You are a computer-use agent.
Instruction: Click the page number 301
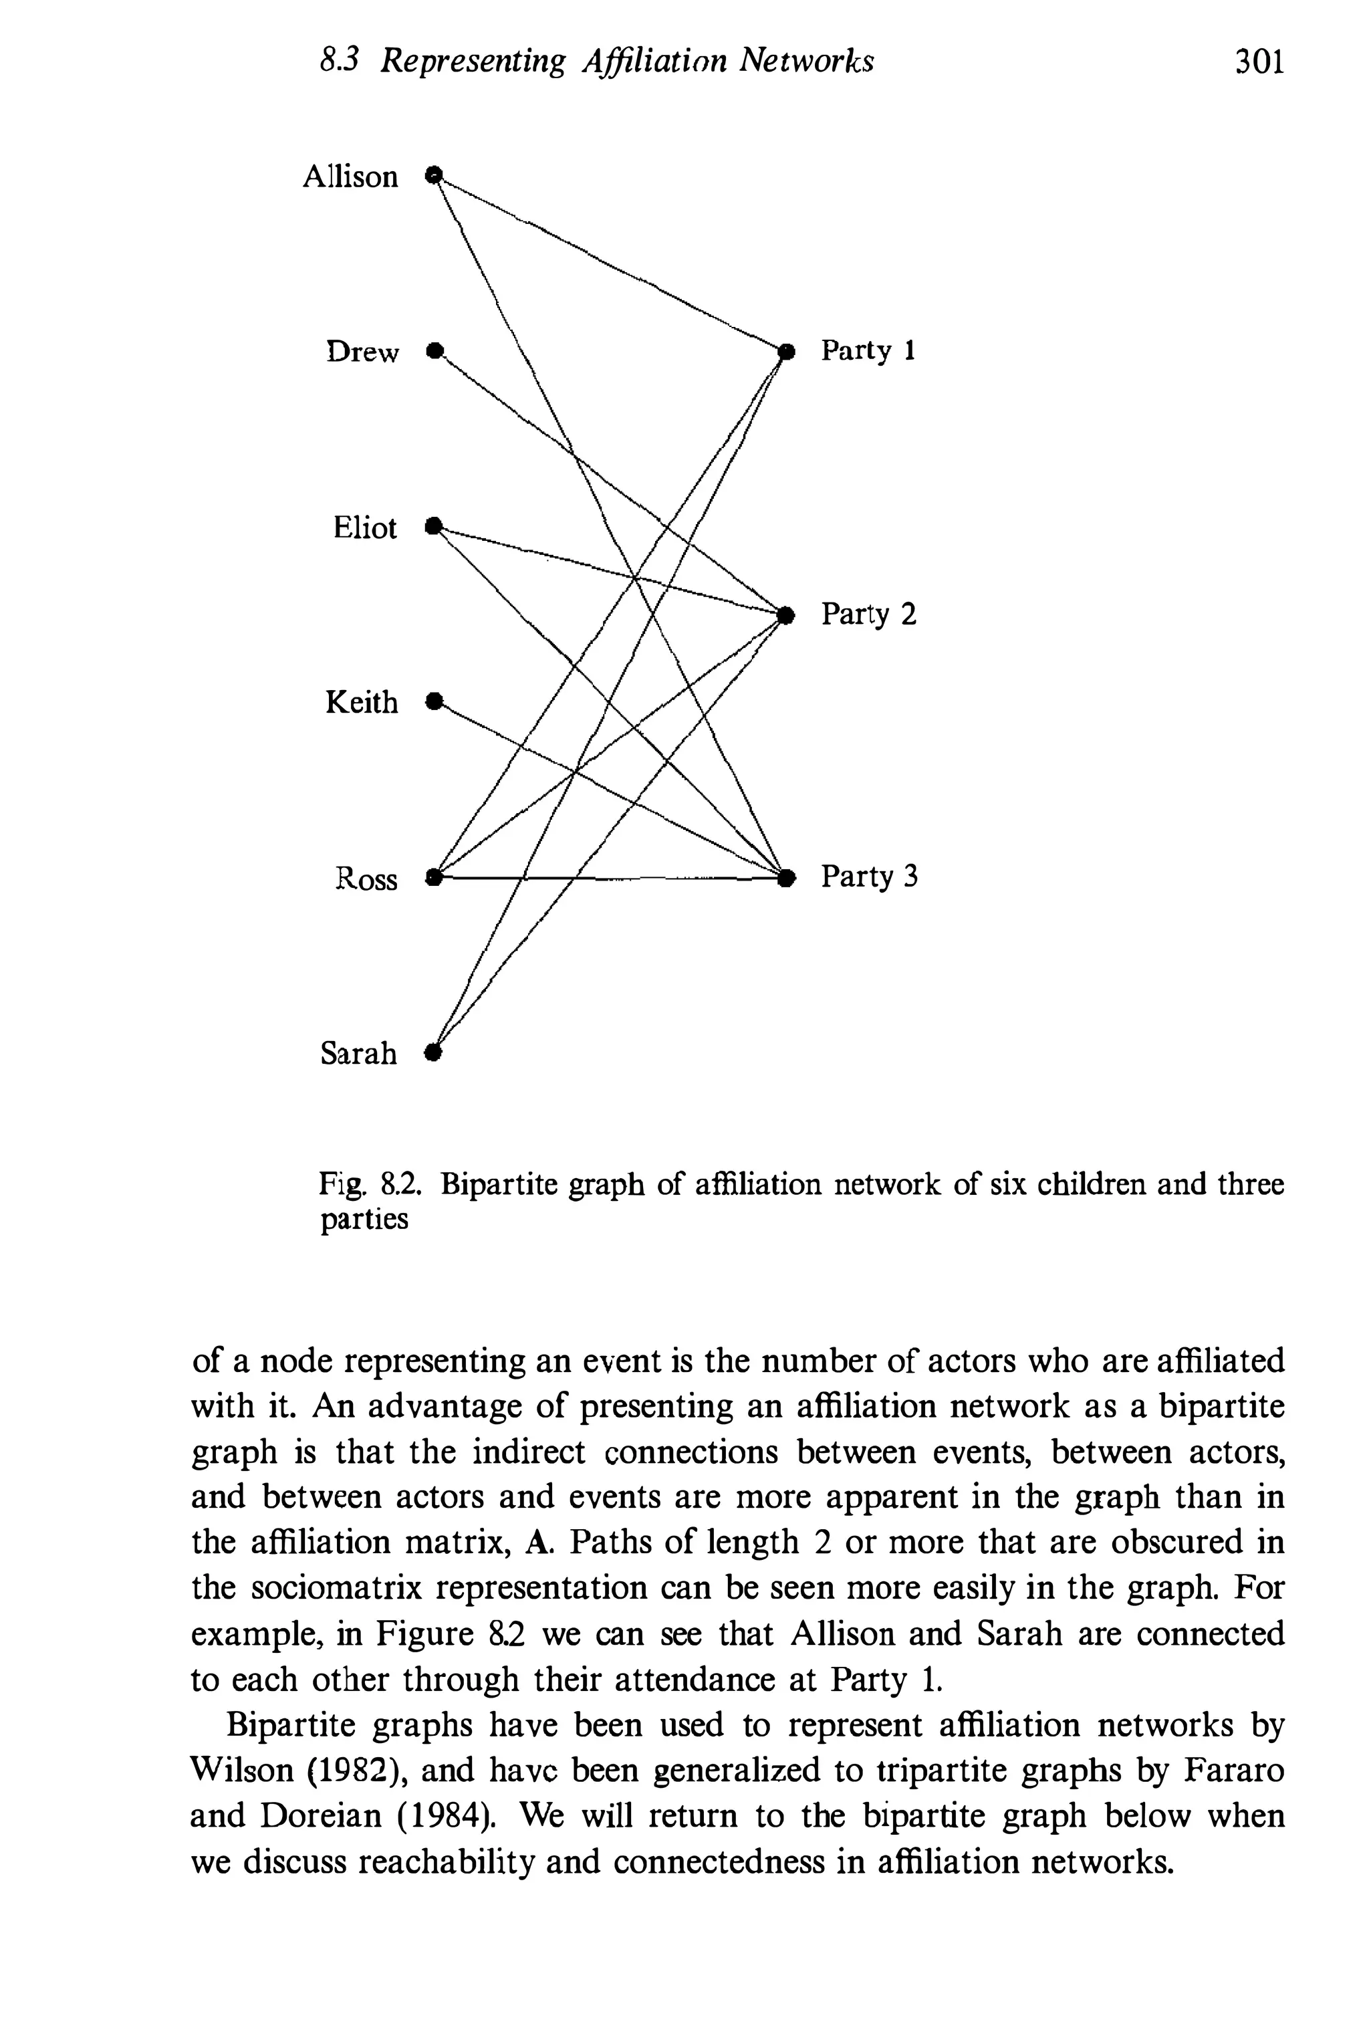click(x=1259, y=63)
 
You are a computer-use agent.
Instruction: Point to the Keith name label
click(x=362, y=702)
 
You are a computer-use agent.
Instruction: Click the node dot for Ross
click(x=434, y=876)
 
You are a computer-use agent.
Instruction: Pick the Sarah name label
click(x=358, y=1053)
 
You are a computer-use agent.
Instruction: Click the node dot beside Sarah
click(x=432, y=1052)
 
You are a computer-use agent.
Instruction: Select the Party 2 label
click(x=869, y=614)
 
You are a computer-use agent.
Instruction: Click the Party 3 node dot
click(x=787, y=876)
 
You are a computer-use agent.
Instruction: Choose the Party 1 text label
click(x=868, y=351)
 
